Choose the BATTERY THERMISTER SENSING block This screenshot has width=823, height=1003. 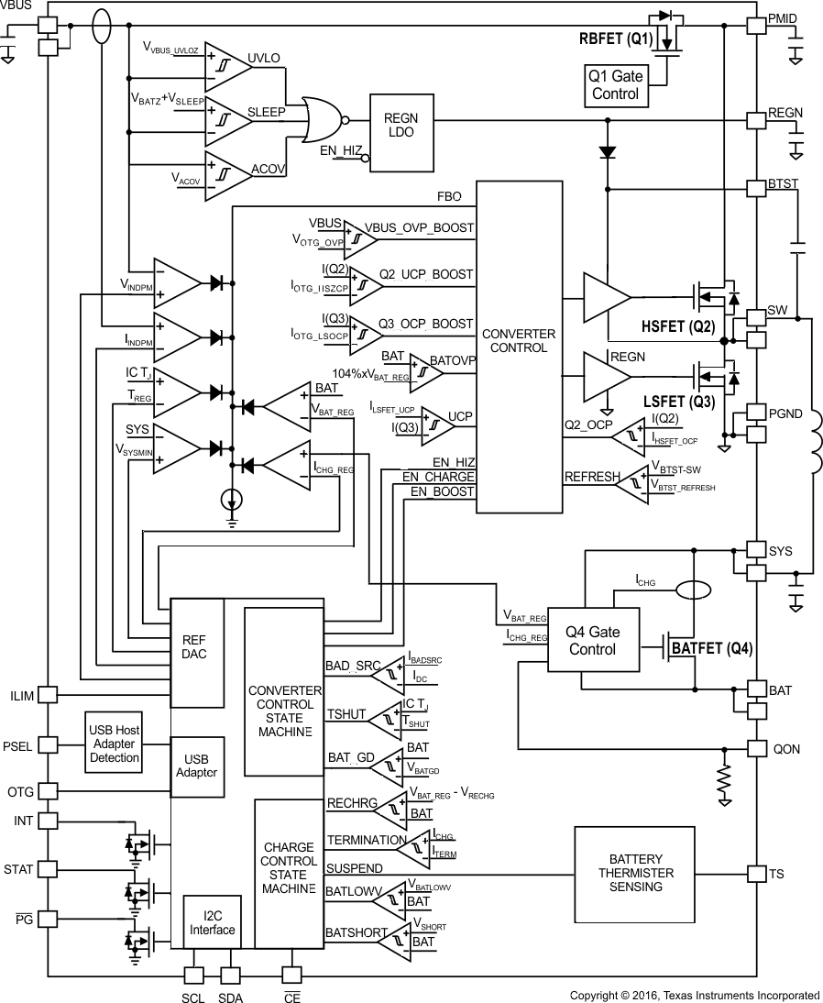pyautogui.click(x=634, y=873)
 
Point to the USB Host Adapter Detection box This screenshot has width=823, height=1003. pyautogui.click(x=115, y=744)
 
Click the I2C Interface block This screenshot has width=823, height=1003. pyautogui.click(x=212, y=922)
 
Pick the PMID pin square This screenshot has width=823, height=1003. pyautogui.click(x=756, y=27)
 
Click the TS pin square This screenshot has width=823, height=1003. pyautogui.click(x=756, y=874)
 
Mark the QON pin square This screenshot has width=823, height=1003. pyautogui.click(x=756, y=748)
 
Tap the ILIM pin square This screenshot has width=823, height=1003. pyautogui.click(x=48, y=696)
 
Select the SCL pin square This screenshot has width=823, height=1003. pyautogui.click(x=194, y=976)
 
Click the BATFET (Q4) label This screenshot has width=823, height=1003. pyautogui.click(x=712, y=649)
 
